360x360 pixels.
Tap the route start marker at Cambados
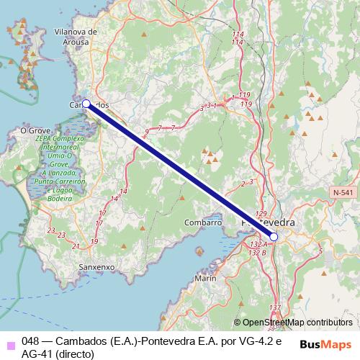coord(86,104)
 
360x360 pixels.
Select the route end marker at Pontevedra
coord(274,236)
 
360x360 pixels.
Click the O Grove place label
coord(34,130)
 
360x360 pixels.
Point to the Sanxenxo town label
coord(96,266)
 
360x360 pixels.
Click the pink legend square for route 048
coord(9,342)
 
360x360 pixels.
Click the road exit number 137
coord(274,308)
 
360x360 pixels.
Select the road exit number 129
coord(261,214)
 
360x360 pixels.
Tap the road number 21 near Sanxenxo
coord(76,247)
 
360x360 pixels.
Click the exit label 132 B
coord(257,253)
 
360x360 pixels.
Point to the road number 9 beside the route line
coord(147,132)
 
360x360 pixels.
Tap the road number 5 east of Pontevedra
coord(320,251)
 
